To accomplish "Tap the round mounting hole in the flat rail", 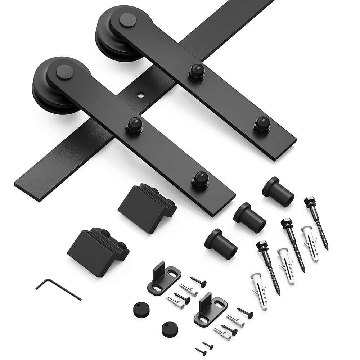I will (140, 96).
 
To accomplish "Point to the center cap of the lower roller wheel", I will (65, 72).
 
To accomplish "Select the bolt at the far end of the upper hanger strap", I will (262, 124).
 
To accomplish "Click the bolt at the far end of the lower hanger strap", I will (200, 180).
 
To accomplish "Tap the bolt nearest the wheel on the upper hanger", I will (196, 72).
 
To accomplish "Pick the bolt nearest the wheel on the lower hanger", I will (135, 126).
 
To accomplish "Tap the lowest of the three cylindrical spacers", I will (221, 244).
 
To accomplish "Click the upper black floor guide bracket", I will (163, 278).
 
